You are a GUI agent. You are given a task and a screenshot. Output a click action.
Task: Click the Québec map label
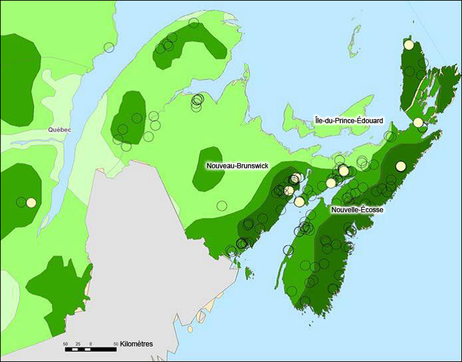[x=59, y=130]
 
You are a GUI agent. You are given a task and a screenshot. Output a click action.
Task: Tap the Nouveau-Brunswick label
[x=237, y=166]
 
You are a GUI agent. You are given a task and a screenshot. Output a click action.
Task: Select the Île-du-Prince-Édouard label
[x=349, y=120]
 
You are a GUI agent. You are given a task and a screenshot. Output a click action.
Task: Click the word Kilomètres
[x=136, y=343]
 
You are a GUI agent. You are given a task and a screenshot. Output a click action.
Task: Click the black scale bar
[x=90, y=349]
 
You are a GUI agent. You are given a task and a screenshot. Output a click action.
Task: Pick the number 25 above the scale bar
[x=78, y=343]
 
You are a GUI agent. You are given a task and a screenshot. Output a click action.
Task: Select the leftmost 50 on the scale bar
[x=65, y=343]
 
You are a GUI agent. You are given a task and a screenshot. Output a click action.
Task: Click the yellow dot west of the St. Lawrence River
[x=31, y=202]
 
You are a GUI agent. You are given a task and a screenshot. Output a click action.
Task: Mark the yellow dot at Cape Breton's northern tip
[x=409, y=45]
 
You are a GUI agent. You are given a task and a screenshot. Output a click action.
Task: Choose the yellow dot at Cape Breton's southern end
[x=418, y=123]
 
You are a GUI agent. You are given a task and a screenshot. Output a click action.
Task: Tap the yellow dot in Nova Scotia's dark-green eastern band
[x=401, y=166]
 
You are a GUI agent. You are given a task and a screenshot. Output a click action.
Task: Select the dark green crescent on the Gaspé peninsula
[x=191, y=40]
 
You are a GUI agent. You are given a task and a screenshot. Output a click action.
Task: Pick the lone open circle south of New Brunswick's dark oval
[x=222, y=205]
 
